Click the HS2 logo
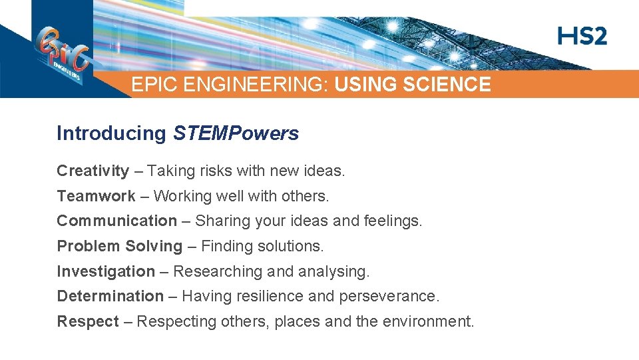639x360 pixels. coord(582,36)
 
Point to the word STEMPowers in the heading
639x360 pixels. coord(236,133)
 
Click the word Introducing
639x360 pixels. coord(111,133)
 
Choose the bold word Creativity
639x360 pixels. coord(93,171)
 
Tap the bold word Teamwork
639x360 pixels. coord(96,196)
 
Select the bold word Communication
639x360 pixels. coord(116,221)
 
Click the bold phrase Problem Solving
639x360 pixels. coord(119,246)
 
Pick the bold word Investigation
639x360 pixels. coord(105,271)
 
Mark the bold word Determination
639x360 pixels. coord(110,296)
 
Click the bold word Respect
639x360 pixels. coord(87,321)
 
